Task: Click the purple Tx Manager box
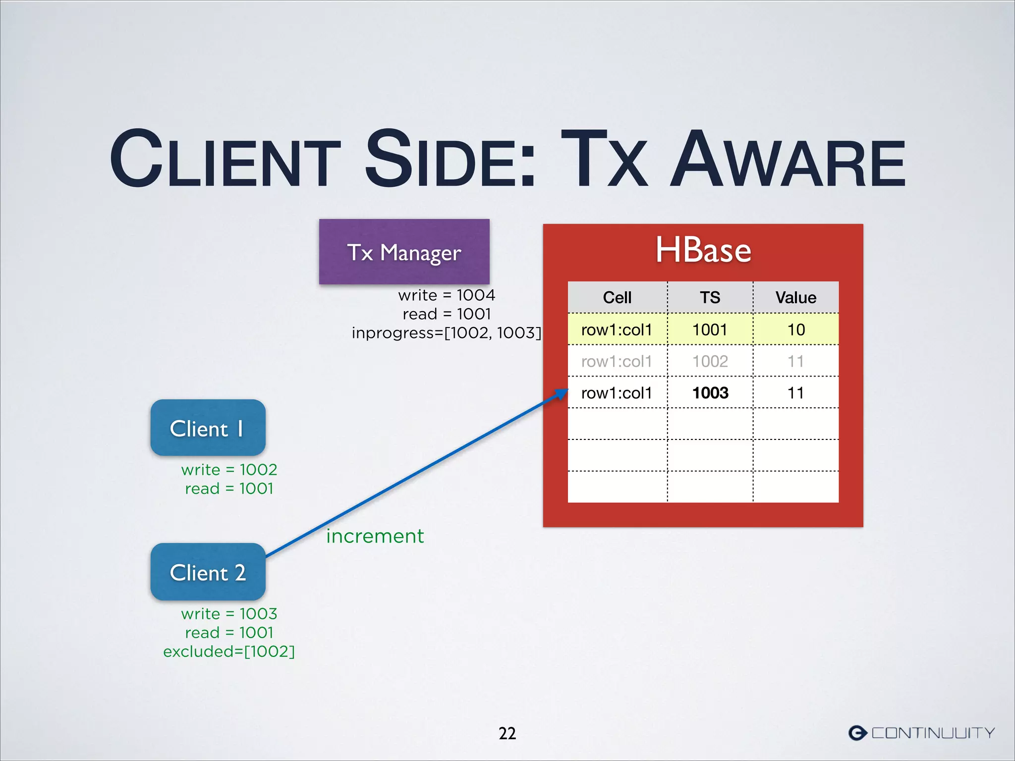point(404,252)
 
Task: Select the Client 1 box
point(208,428)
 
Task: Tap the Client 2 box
point(208,572)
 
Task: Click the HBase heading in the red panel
point(703,250)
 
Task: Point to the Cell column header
point(617,297)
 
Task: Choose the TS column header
point(710,297)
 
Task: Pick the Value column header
point(795,297)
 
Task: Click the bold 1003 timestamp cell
point(710,393)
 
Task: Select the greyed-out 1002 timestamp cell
point(710,361)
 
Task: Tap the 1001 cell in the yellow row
point(710,329)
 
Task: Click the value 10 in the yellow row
point(796,329)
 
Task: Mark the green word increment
point(375,536)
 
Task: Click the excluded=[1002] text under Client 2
point(229,652)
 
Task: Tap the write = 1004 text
point(447,295)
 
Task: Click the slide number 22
point(507,733)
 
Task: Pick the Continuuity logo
point(921,733)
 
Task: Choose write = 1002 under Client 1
point(229,470)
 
